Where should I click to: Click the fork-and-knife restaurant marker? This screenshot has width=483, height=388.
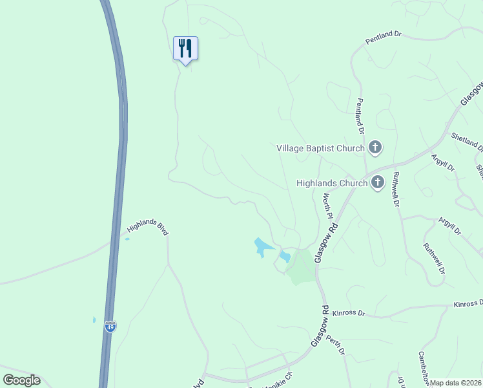tap(185, 48)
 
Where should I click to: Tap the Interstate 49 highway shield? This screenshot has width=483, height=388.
tap(110, 327)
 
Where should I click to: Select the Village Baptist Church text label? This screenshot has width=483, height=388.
tap(320, 148)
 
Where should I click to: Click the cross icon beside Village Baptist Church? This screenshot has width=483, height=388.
tap(375, 148)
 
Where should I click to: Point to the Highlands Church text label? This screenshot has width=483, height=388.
tap(332, 183)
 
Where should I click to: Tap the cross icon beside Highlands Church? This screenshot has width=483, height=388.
tap(378, 182)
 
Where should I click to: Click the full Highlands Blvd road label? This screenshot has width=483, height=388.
tap(147, 227)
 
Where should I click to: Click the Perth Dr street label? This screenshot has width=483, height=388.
tap(336, 345)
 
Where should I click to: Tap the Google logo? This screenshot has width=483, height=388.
tap(21, 380)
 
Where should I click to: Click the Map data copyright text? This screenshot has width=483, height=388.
tap(455, 383)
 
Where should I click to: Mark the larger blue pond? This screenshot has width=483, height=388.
tap(262, 246)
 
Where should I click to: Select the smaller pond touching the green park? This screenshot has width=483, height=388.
tap(285, 257)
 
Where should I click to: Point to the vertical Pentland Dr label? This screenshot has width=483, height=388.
tap(361, 116)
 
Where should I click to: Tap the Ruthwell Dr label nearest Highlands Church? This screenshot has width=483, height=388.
tap(396, 189)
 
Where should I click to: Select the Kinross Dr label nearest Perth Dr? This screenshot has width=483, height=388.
tap(349, 313)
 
